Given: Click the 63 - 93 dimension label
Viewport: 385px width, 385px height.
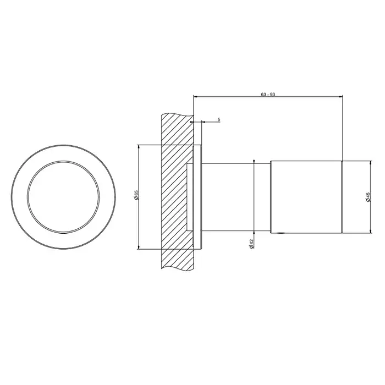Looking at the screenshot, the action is point(268,94).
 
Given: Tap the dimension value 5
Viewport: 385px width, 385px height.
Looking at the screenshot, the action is point(219,119).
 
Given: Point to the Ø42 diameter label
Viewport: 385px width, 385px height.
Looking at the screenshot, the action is point(251,244).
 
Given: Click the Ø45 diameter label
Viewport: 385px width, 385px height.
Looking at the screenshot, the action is point(368,197).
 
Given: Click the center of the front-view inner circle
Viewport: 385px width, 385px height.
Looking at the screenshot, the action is point(64,197).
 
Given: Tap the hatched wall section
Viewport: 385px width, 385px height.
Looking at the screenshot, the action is point(177,191).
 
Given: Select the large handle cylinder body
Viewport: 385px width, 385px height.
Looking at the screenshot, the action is point(306,197).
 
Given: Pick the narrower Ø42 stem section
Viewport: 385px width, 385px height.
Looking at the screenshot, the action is point(236,197).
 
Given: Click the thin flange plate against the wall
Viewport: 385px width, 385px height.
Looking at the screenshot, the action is point(198,197).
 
